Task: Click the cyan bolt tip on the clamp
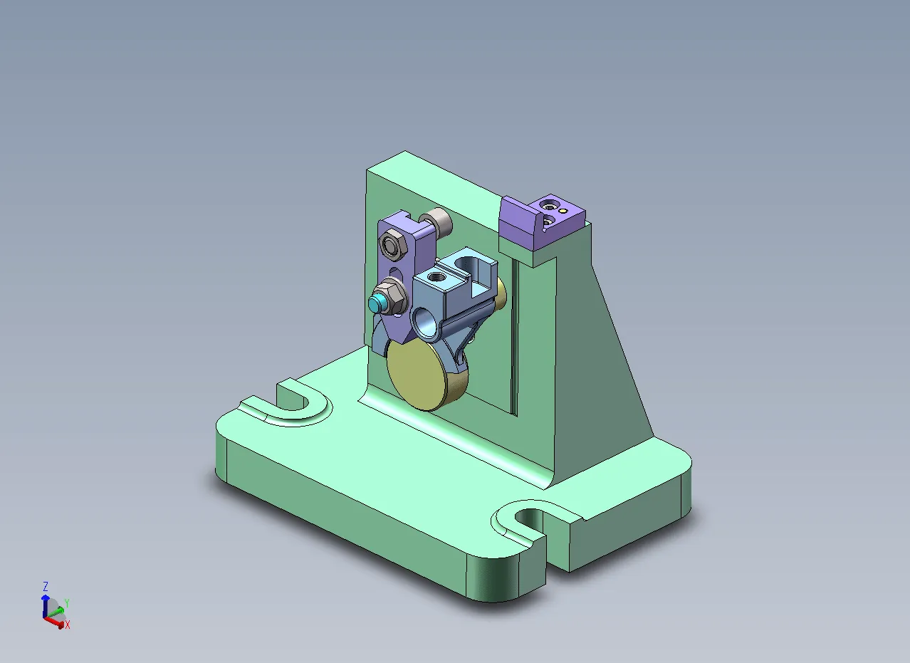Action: pos(375,305)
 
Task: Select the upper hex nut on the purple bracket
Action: pos(391,246)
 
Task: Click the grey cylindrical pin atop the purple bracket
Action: pos(439,223)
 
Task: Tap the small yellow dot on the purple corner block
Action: pos(562,211)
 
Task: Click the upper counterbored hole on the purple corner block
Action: pos(548,205)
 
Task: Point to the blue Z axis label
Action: pos(45,587)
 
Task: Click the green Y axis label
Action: pos(66,603)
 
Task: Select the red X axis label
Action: pos(68,625)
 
